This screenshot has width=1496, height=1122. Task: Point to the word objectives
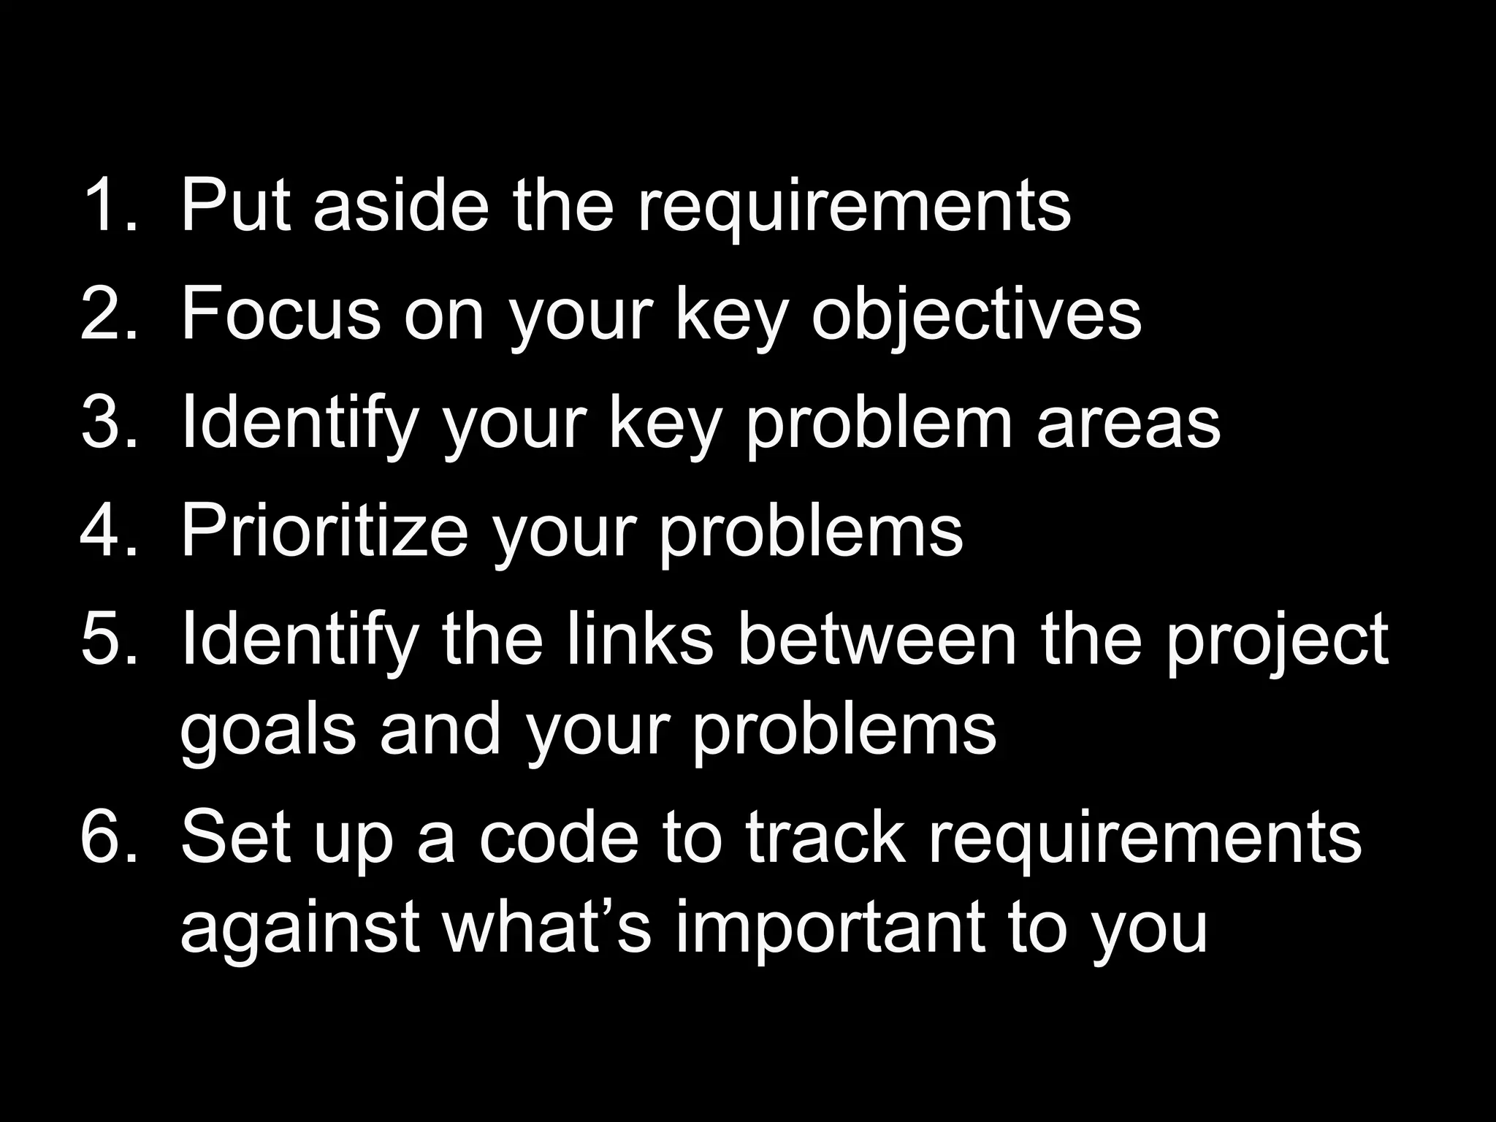coord(977,316)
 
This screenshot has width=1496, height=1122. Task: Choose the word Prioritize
coord(324,531)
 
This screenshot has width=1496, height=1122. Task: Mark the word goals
coord(268,732)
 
